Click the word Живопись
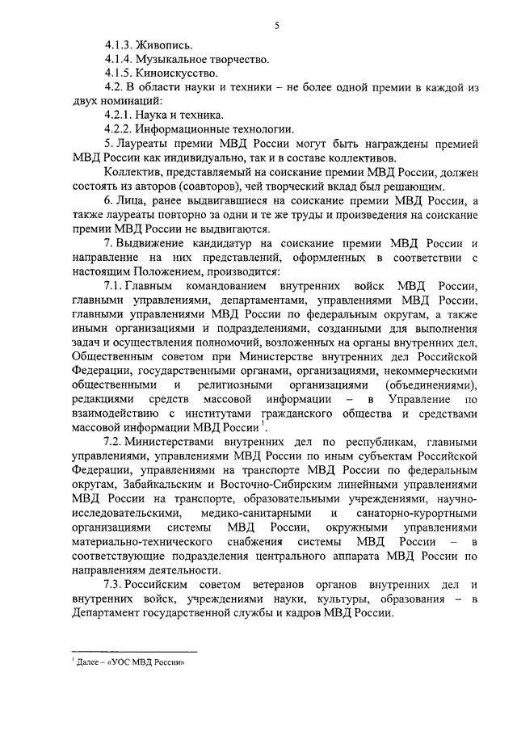[165, 46]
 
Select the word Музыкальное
[177, 60]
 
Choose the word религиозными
[237, 384]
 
